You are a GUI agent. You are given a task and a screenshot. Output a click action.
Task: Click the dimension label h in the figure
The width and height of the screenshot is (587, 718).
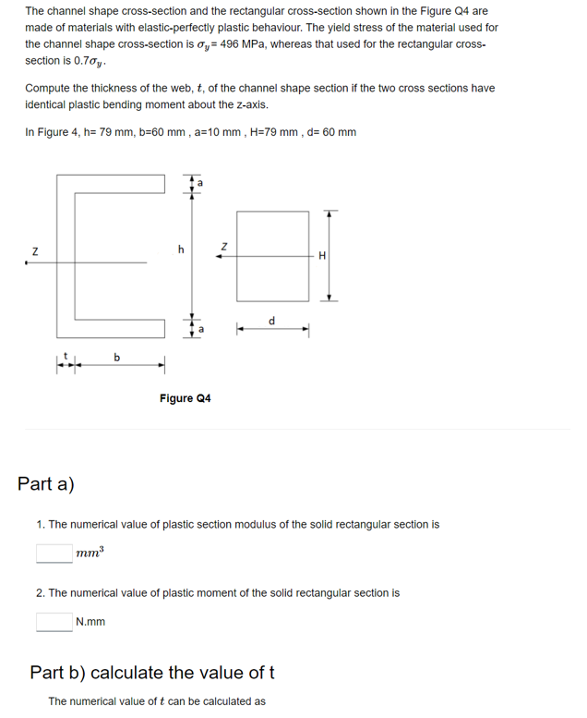(x=181, y=249)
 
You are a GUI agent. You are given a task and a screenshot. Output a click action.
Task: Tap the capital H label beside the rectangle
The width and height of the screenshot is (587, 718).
(x=320, y=256)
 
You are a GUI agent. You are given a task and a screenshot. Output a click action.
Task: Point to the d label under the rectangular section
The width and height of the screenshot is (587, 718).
(x=270, y=321)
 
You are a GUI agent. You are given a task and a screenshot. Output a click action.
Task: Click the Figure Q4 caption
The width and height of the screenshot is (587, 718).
(x=185, y=398)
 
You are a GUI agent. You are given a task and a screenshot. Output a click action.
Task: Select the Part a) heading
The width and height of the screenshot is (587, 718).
(x=46, y=483)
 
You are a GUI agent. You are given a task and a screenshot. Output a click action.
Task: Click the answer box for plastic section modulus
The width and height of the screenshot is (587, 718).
(x=54, y=554)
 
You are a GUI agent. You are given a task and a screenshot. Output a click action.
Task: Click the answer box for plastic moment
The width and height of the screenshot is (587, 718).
(x=54, y=622)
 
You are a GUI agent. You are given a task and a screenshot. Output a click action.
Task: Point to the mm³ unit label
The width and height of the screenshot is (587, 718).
(x=90, y=553)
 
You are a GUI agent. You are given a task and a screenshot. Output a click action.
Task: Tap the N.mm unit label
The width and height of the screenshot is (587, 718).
(x=90, y=622)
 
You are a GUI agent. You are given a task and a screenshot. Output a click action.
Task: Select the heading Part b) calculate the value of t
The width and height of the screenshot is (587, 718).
(x=153, y=671)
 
